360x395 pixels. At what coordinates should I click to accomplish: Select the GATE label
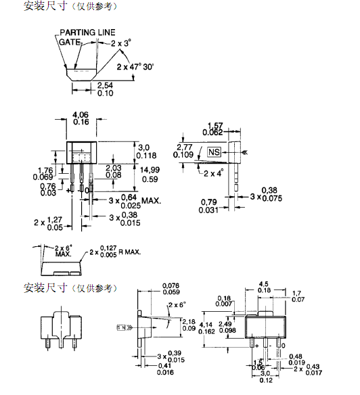point(70,41)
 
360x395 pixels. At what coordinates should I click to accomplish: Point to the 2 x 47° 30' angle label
point(135,67)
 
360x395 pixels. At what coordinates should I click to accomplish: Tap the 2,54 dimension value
point(105,85)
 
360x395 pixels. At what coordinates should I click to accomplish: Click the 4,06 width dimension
point(81,114)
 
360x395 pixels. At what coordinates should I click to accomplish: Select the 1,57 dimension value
point(233,125)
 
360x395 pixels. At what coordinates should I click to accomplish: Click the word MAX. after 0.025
point(152,200)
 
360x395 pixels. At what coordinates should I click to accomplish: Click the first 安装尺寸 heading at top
point(45,5)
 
